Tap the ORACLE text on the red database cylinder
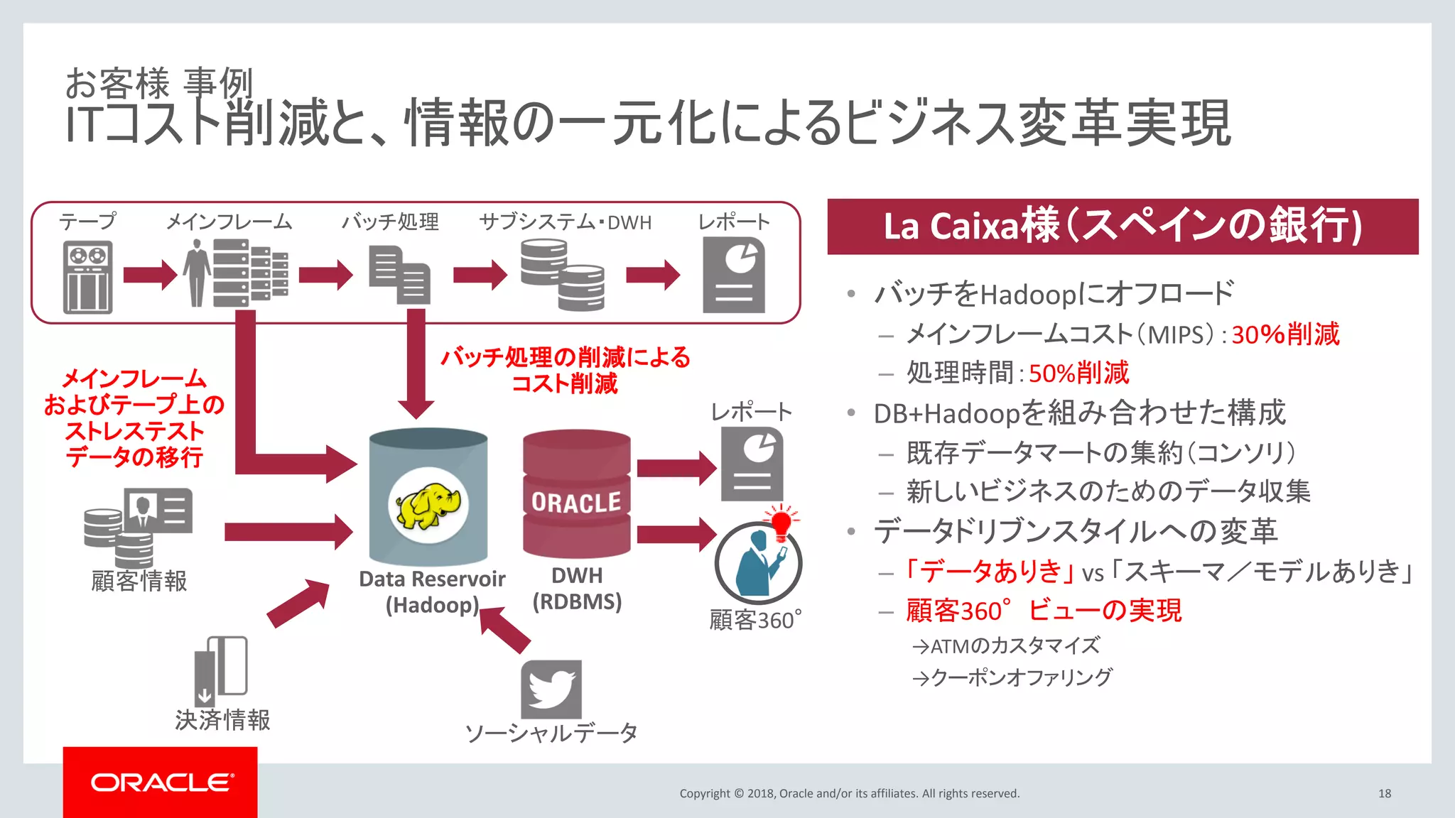pos(576,503)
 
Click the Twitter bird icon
pos(551,689)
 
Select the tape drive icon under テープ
pos(87,277)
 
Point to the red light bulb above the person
pos(781,524)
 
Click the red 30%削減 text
pos(1285,334)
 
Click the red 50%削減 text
pos(1078,373)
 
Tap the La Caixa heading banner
pos(1123,227)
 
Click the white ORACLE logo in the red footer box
pos(161,782)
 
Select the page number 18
pos(1384,793)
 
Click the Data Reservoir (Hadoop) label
pos(432,591)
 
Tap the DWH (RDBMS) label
pos(577,589)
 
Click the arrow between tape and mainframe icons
pos(150,275)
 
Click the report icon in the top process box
pos(734,276)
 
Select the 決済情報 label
pos(222,720)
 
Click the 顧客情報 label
pos(139,581)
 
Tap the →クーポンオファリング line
pos(1012,678)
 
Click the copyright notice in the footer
pos(849,793)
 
